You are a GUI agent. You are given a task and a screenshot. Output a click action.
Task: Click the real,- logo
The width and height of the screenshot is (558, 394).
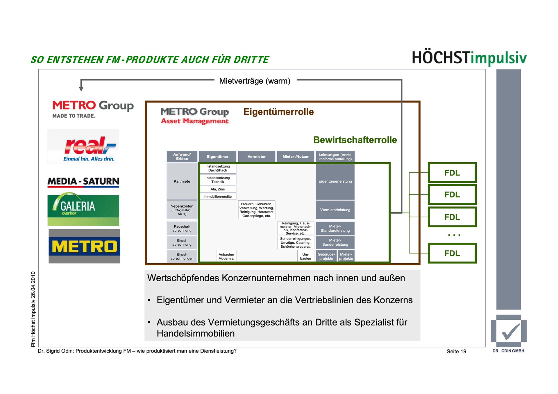(84, 147)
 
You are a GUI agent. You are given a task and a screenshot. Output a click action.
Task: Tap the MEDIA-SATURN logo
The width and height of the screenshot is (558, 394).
(83, 182)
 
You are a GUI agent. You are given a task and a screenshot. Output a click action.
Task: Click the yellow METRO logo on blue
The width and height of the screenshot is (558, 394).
(84, 246)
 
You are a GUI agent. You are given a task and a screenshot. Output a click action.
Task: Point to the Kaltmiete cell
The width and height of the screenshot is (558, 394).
(182, 181)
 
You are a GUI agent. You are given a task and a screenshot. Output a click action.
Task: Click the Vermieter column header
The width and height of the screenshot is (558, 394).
(256, 156)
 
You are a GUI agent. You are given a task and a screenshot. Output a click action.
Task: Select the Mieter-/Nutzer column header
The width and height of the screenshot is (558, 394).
(296, 156)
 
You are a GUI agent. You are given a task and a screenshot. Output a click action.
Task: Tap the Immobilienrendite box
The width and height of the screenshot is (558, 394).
(218, 197)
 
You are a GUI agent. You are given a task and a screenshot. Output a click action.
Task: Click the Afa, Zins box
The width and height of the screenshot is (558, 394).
(218, 189)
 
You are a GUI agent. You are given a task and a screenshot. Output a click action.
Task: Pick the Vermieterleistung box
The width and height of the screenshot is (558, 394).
(335, 210)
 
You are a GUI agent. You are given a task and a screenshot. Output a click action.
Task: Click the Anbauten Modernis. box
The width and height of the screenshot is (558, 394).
(226, 256)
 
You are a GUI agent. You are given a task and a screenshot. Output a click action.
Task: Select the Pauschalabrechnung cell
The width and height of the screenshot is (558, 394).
(182, 229)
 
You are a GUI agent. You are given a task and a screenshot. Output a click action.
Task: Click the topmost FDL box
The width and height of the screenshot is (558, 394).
(452, 173)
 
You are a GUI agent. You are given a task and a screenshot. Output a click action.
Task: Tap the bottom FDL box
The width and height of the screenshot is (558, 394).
(452, 253)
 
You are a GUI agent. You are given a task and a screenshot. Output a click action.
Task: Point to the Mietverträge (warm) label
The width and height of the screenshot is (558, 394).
(255, 81)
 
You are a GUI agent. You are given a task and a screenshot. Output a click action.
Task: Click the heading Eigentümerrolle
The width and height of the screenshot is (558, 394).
(278, 112)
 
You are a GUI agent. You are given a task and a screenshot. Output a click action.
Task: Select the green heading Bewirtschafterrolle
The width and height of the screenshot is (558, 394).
(355, 140)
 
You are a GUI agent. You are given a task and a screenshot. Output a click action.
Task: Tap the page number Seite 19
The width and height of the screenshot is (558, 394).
(456, 351)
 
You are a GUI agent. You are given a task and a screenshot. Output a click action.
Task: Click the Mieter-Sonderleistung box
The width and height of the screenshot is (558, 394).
(335, 242)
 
